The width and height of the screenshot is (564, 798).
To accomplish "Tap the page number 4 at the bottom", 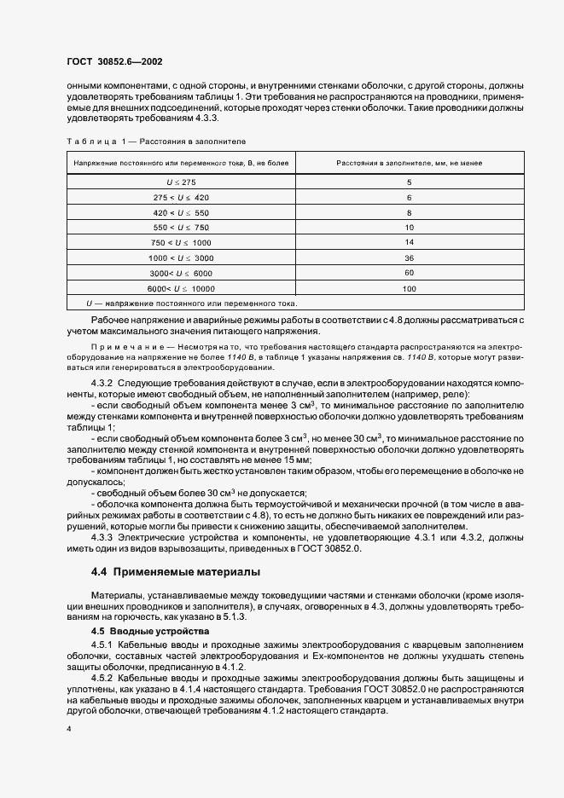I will pyautogui.click(x=67, y=729).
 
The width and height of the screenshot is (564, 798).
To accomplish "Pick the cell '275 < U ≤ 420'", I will pyautogui.click(x=181, y=197).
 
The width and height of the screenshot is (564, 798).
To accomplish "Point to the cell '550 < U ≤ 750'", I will pyautogui.click(x=181, y=228).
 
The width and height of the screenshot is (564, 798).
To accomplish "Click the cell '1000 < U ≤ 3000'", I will pyautogui.click(x=181, y=257).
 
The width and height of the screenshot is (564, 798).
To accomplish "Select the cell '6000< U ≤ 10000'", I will pyautogui.click(x=181, y=288).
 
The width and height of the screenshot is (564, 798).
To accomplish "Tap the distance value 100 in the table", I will pyautogui.click(x=409, y=288).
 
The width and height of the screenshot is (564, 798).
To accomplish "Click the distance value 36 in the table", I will pyautogui.click(x=409, y=257).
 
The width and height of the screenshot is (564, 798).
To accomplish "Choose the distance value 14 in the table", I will pyautogui.click(x=409, y=243).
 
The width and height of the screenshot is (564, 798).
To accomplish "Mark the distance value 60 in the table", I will pyautogui.click(x=409, y=273).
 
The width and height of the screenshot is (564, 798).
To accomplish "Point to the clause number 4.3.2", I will pyautogui.click(x=103, y=386).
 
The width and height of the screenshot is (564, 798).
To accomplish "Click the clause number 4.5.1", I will pyautogui.click(x=103, y=645).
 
